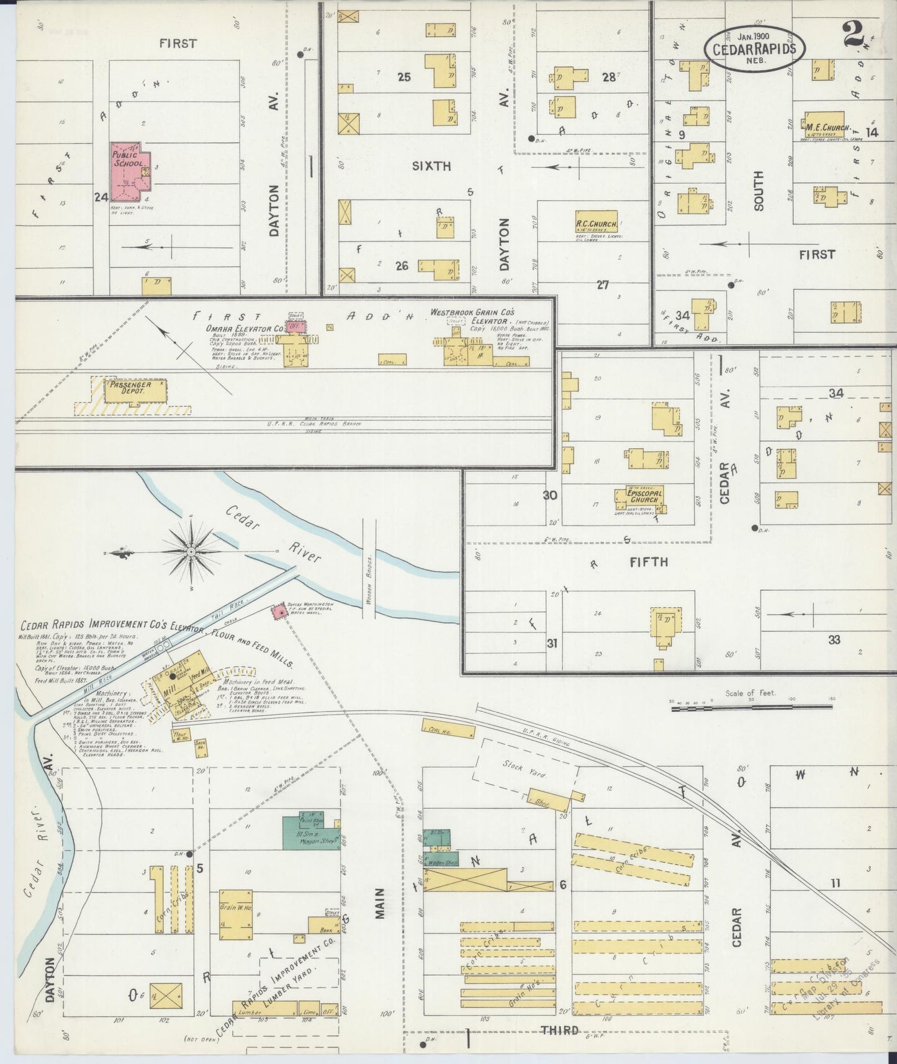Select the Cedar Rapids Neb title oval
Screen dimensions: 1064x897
pos(754,49)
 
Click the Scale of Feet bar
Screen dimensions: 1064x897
pos(751,706)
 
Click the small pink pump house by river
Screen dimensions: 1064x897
pos(277,612)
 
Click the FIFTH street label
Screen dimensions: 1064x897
pos(649,562)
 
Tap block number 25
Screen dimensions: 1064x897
pos(404,77)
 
